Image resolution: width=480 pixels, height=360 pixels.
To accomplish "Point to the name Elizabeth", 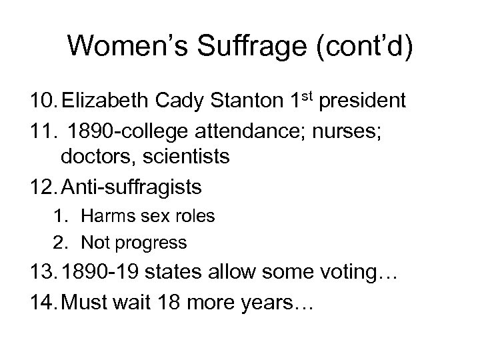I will tap(108, 103).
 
